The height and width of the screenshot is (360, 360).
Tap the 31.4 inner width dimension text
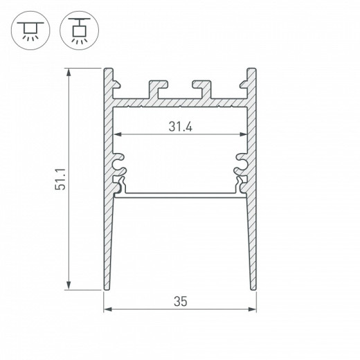click(x=179, y=127)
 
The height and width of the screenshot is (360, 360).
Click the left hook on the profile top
click(x=156, y=89)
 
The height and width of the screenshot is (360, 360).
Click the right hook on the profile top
click(x=202, y=89)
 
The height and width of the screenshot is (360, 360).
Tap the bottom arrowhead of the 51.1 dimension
click(x=68, y=287)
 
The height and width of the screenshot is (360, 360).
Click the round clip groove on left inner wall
click(x=118, y=164)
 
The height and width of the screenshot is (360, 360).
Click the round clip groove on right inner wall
click(x=242, y=164)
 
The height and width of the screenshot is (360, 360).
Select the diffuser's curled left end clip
click(x=120, y=185)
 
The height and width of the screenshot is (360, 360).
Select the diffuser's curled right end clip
click(x=240, y=185)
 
